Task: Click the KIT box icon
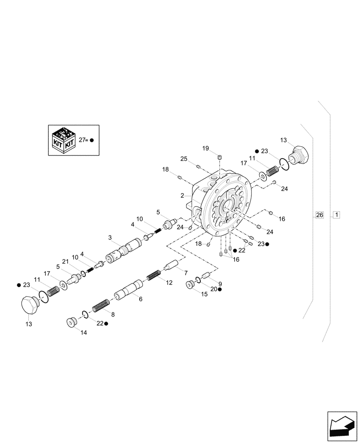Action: (63, 140)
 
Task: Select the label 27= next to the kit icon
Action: (83, 140)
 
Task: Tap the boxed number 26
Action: (319, 215)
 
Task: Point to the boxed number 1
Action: (337, 215)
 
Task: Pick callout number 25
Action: (184, 159)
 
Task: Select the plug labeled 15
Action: (191, 284)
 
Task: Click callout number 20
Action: (213, 289)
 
